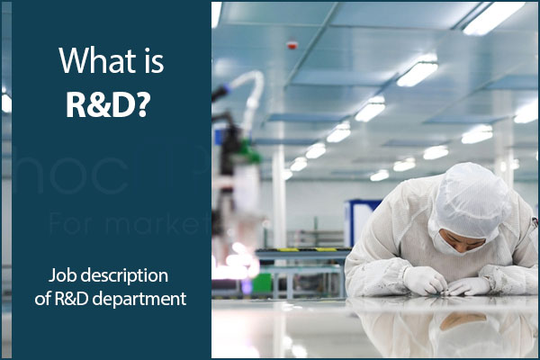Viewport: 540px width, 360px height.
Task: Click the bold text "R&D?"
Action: (105, 104)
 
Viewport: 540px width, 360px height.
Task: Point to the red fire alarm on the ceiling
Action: (292, 44)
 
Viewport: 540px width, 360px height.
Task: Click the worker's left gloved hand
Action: (469, 286)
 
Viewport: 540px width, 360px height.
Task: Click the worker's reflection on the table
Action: (450, 328)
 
